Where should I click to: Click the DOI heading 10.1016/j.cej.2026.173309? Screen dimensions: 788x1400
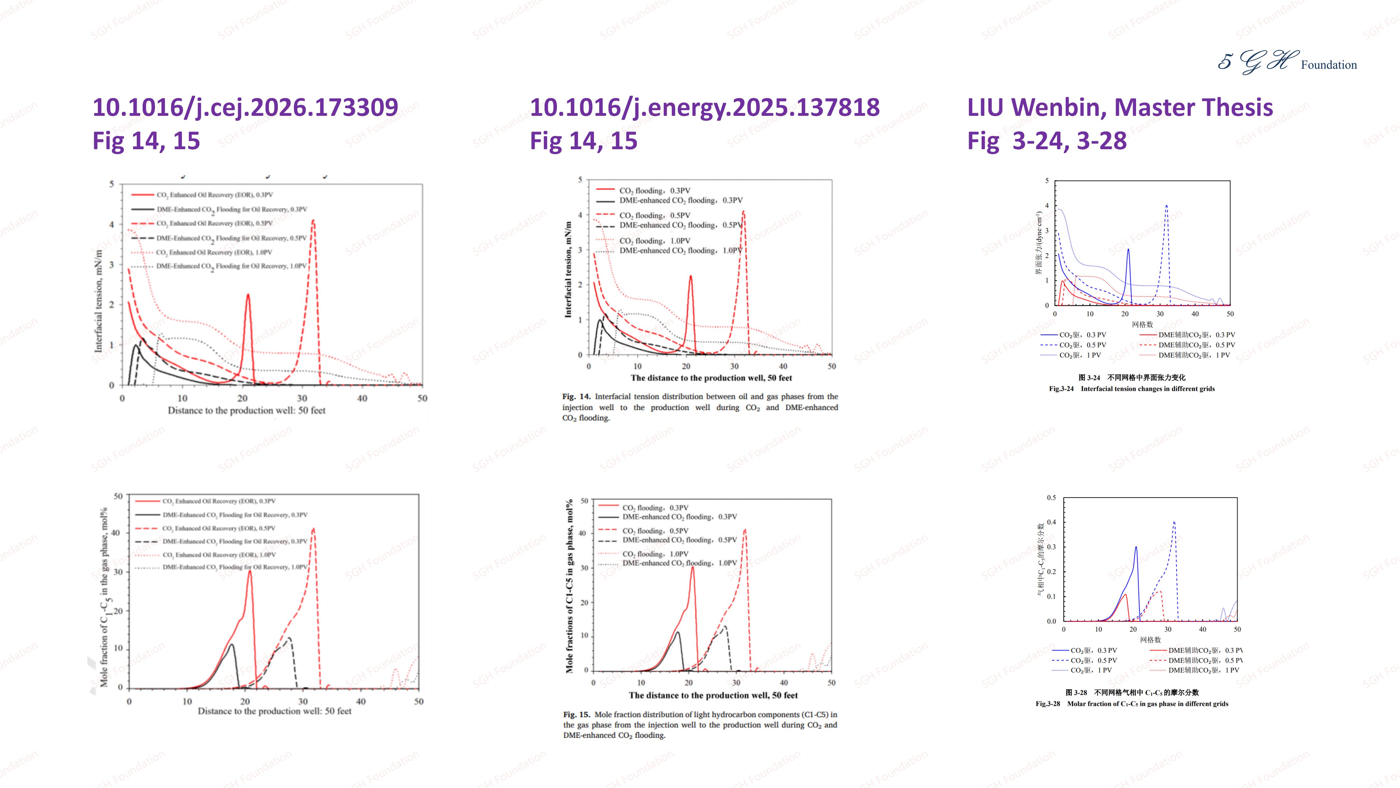(x=245, y=107)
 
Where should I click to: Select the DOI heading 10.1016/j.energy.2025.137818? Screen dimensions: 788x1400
(x=704, y=107)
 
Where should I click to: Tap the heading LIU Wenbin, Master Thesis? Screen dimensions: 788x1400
(x=1120, y=107)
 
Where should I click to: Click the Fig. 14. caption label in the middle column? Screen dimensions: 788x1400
(x=576, y=396)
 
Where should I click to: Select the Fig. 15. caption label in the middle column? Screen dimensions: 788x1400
(x=576, y=714)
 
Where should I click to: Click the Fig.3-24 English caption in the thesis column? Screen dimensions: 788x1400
(x=1131, y=388)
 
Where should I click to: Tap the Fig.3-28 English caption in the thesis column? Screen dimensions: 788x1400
(x=1131, y=704)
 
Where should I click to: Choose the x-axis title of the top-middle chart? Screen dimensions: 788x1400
(x=711, y=378)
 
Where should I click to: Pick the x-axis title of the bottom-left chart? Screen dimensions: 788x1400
(x=274, y=711)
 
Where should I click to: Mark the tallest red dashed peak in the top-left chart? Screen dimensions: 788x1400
(x=313, y=221)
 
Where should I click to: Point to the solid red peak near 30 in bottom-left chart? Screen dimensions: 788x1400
(x=250, y=571)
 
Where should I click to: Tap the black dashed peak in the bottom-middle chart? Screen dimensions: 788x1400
(x=725, y=626)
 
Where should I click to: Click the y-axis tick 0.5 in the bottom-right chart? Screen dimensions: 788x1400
(x=1052, y=498)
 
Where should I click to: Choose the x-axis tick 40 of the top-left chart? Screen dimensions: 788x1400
(x=362, y=398)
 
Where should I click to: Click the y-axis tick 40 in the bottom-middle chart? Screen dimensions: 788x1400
(x=583, y=533)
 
